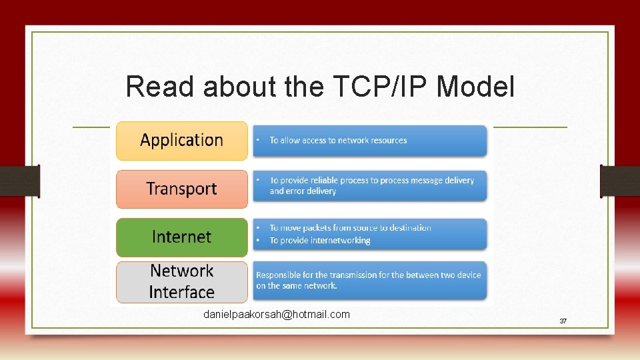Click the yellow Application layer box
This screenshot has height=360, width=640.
[181, 140]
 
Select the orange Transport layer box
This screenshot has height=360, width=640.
[181, 189]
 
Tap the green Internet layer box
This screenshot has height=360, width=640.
[181, 237]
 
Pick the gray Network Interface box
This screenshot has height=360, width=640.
[181, 281]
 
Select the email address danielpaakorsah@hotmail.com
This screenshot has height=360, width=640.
[276, 314]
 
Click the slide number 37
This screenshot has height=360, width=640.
[563, 321]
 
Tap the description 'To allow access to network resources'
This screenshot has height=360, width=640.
[338, 141]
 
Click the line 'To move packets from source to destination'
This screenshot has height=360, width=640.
[350, 228]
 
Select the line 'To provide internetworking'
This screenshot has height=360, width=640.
[319, 241]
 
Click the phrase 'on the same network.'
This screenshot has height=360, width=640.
[297, 286]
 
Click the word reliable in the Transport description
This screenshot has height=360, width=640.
[324, 181]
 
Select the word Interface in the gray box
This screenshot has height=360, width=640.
[181, 292]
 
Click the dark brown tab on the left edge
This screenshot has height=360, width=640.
[19, 181]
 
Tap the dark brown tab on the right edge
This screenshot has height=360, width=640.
[620, 181]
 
